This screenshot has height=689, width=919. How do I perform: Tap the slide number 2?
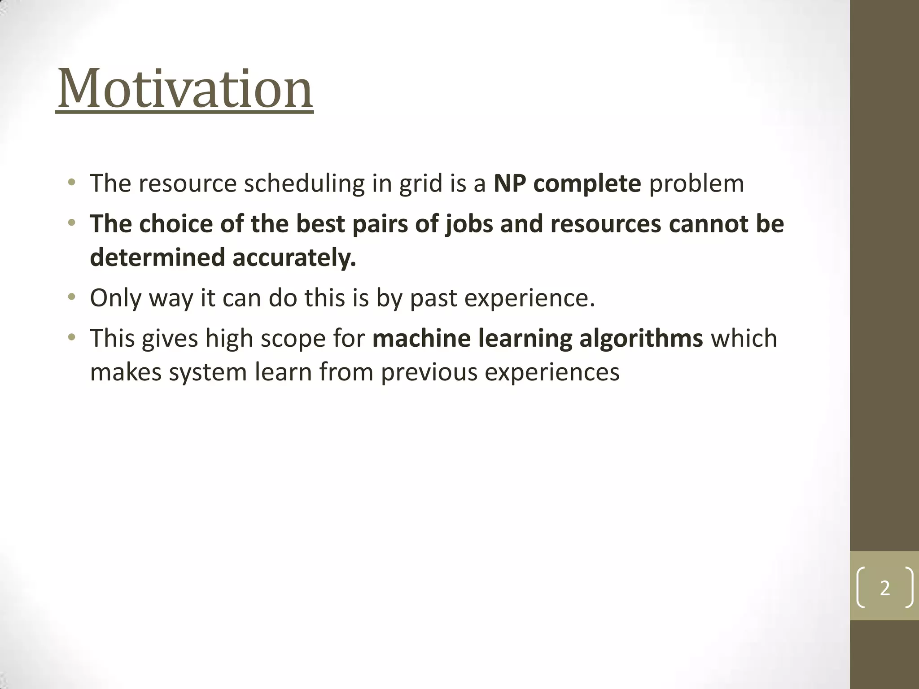pyautogui.click(x=884, y=588)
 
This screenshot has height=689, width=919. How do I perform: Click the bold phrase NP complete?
pyautogui.click(x=567, y=183)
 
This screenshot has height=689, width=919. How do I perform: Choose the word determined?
pyautogui.click(x=157, y=258)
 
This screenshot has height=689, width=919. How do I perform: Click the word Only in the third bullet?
pyautogui.click(x=115, y=298)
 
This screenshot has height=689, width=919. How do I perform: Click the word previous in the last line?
pyautogui.click(x=429, y=373)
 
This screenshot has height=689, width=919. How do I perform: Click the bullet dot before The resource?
pyautogui.click(x=71, y=183)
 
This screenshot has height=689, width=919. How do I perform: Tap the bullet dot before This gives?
pyautogui.click(x=71, y=338)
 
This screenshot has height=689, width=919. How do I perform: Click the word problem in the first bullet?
pyautogui.click(x=696, y=184)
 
